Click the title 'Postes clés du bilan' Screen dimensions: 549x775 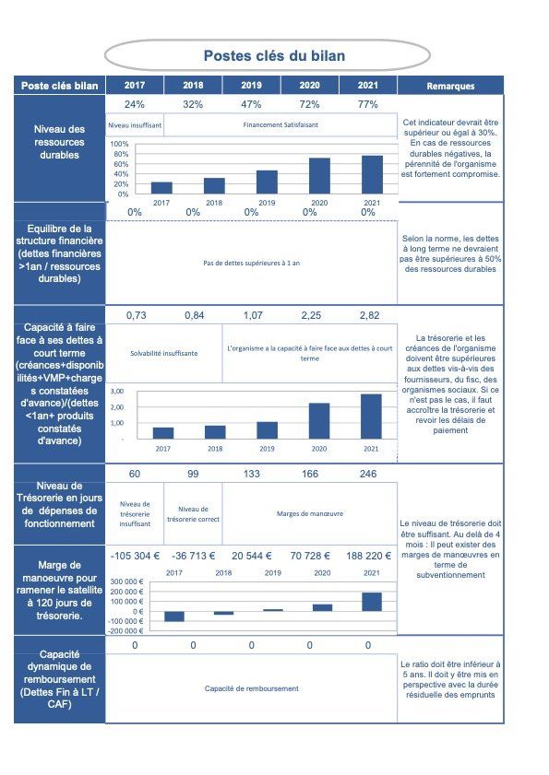(x=274, y=55)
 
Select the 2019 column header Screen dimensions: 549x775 (x=252, y=85)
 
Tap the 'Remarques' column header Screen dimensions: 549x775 (x=450, y=86)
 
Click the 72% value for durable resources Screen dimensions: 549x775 (x=309, y=104)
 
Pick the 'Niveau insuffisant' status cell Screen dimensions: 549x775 (x=135, y=125)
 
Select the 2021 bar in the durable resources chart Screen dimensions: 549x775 (x=372, y=174)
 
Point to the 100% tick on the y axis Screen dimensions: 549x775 (x=119, y=144)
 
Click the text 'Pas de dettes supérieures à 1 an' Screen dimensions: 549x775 (x=252, y=263)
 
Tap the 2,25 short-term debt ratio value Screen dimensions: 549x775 (x=311, y=315)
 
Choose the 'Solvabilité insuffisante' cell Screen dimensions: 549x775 (x=164, y=353)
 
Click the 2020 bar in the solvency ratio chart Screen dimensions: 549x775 (x=319, y=420)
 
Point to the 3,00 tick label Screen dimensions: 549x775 (x=117, y=391)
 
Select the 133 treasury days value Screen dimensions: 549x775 (x=252, y=474)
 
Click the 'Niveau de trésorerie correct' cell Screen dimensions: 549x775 (x=193, y=514)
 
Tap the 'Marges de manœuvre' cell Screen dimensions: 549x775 (x=310, y=514)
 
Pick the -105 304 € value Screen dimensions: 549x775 (x=135, y=556)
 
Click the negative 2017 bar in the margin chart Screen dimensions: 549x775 (x=174, y=616)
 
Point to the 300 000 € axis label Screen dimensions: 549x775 (x=126, y=581)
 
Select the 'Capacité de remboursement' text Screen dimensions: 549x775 (x=252, y=688)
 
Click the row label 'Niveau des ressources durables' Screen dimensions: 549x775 (x=59, y=142)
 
